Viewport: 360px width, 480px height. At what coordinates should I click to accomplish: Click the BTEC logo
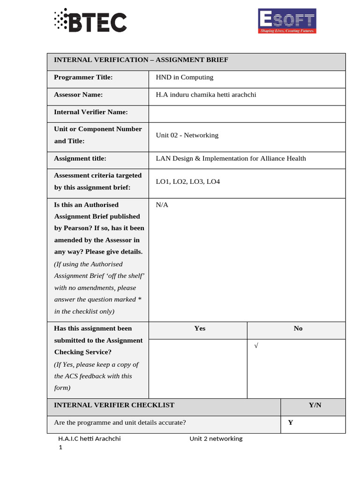coord(90,22)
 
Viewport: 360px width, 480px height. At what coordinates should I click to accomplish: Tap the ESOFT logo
coord(287,21)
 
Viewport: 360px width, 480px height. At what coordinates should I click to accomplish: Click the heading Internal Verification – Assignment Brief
coord(141,60)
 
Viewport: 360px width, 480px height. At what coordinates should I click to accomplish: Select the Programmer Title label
coord(83,77)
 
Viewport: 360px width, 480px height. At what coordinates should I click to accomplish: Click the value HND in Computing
coord(184,77)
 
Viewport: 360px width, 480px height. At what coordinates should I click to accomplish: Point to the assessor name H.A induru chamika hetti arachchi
coord(206,95)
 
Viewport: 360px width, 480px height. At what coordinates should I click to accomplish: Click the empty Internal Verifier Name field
coord(247,112)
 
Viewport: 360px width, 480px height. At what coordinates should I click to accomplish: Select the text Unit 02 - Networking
coord(187,135)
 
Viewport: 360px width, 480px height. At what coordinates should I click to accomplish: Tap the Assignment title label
coord(80,158)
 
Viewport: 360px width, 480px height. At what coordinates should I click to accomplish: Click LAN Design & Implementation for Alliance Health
coord(231,158)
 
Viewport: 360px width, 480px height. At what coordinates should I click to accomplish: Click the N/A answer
coord(162,205)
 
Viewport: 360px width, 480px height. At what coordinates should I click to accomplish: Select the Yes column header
coord(200,329)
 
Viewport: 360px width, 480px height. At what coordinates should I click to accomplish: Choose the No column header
coord(298,329)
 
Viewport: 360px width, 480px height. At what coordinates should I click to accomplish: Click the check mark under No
coord(256,346)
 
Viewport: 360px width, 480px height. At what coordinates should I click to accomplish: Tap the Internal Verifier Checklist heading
coord(114,405)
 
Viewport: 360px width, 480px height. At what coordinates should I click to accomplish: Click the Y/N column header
coord(315,405)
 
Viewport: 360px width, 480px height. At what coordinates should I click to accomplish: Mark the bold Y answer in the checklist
coord(291,422)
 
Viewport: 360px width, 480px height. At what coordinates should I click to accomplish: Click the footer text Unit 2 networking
coord(216,439)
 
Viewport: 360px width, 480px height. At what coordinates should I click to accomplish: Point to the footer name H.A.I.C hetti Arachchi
coord(89,439)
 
